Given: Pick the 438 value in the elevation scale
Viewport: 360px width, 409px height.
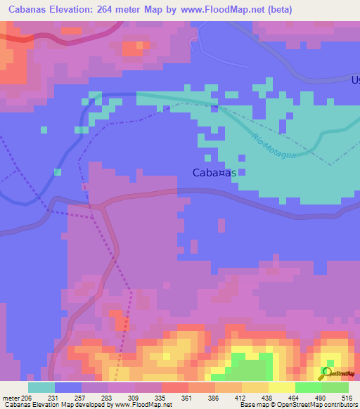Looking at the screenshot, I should (x=267, y=398).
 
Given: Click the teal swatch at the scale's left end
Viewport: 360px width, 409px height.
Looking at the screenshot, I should (x=41, y=387).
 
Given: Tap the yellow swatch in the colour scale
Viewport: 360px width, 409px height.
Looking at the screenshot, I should (x=282, y=387).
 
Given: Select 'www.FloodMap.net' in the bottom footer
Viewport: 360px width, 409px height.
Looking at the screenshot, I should (x=140, y=405).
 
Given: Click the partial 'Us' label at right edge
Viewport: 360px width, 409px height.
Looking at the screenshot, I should (x=355, y=80).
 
